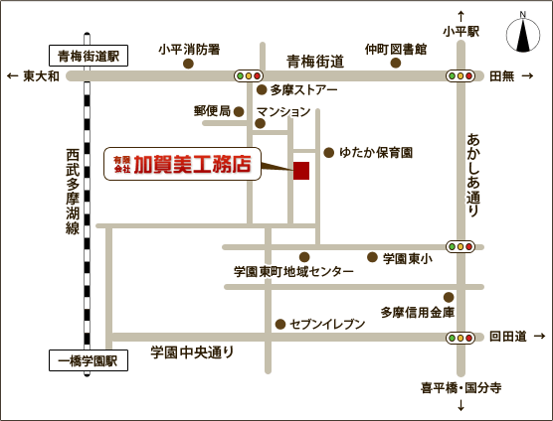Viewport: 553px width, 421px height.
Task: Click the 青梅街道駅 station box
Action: pyautogui.click(x=88, y=56)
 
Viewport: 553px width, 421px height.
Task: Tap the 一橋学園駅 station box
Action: pyautogui.click(x=88, y=361)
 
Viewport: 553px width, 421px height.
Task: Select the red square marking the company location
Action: pyautogui.click(x=301, y=171)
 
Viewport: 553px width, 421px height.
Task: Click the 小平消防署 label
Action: pyautogui.click(x=189, y=49)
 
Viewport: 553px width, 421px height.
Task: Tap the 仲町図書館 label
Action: pyautogui.click(x=395, y=49)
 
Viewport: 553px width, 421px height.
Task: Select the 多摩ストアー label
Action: pyautogui.click(x=303, y=90)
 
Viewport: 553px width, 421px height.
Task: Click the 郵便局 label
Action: pyautogui.click(x=212, y=110)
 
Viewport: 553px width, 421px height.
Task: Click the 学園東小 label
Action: pyautogui.click(x=408, y=258)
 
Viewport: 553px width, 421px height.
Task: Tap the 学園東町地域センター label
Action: pyautogui.click(x=293, y=271)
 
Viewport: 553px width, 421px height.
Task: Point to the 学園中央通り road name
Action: pyautogui.click(x=193, y=351)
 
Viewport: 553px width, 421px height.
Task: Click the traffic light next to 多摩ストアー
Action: pyautogui.click(x=248, y=75)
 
